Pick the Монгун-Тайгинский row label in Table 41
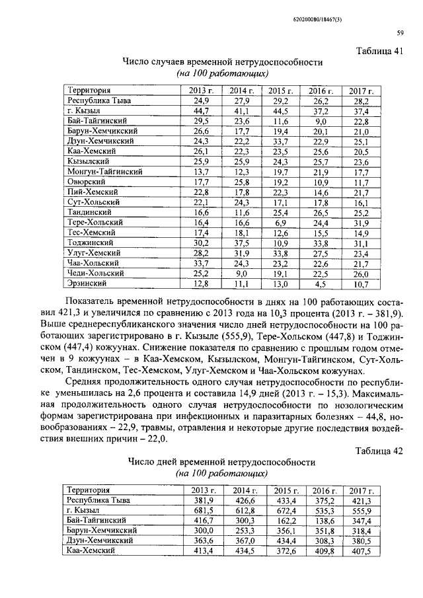106,172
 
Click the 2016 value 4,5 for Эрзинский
321,284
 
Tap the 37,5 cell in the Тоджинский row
242,243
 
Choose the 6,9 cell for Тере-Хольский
282,223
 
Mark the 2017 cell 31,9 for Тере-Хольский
360,223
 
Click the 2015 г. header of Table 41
281,91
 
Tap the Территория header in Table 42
88,490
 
